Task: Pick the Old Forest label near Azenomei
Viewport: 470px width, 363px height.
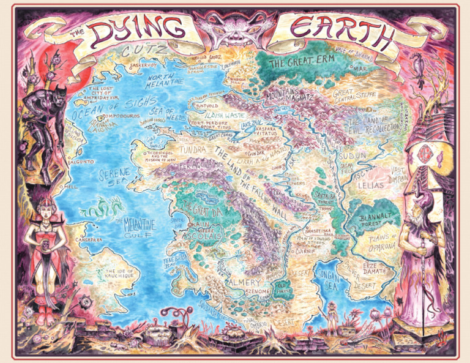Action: [283, 285]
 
